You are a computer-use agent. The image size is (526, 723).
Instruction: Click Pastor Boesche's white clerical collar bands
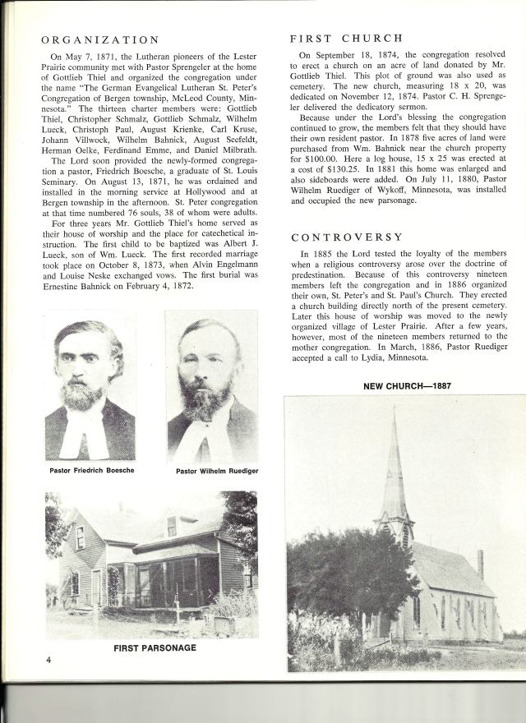[88, 435]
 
